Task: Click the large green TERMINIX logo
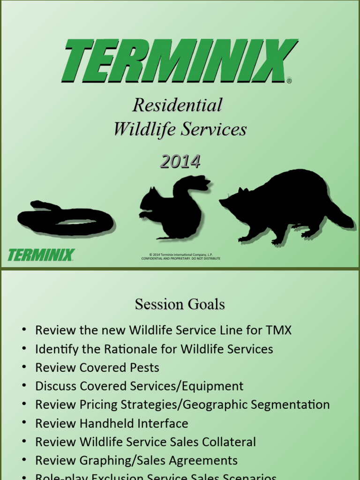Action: (x=180, y=61)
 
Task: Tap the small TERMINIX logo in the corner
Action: (x=41, y=255)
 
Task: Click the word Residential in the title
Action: (x=177, y=105)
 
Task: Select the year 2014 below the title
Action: (x=180, y=162)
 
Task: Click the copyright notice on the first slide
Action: (x=181, y=256)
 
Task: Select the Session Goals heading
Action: (x=180, y=305)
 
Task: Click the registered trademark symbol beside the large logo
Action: (x=289, y=81)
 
